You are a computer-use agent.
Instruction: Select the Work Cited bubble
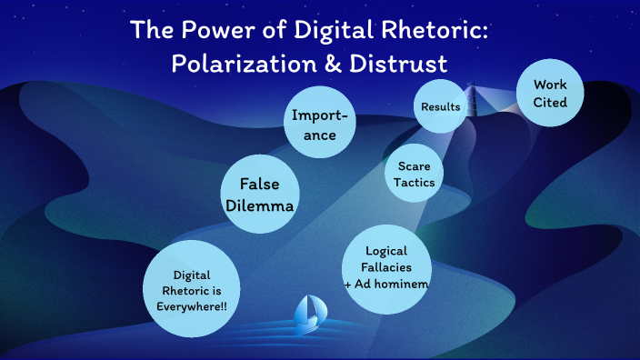pyautogui.click(x=550, y=94)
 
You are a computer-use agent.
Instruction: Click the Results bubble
pyautogui.click(x=441, y=107)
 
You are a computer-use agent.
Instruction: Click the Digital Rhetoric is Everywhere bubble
pyautogui.click(x=192, y=289)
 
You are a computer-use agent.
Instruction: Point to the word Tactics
pyautogui.click(x=414, y=183)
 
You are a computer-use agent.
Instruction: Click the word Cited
pyautogui.click(x=550, y=103)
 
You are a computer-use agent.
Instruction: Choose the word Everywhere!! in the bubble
pyautogui.click(x=192, y=305)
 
